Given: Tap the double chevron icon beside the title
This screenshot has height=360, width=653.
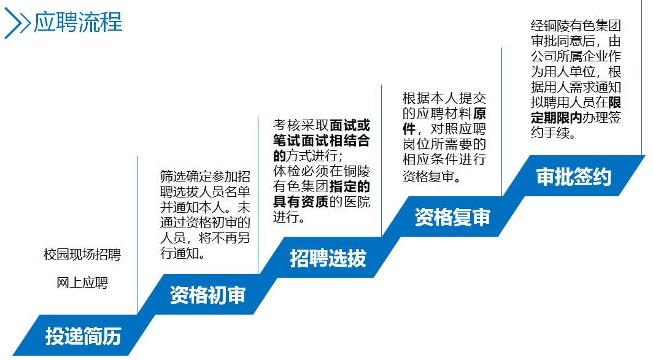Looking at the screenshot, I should pyautogui.click(x=17, y=24).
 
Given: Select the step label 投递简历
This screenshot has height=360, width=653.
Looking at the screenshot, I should pyautogui.click(x=83, y=336).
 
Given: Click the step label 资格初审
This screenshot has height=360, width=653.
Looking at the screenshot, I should pyautogui.click(x=207, y=296).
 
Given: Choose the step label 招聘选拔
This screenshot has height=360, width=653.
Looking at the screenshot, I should pyautogui.click(x=328, y=258).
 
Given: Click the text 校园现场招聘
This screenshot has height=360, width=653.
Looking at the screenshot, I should pyautogui.click(x=82, y=255).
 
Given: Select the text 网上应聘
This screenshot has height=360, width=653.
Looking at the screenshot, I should pyautogui.click(x=82, y=283).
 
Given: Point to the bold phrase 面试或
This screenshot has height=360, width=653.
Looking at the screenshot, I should pyautogui.click(x=350, y=125).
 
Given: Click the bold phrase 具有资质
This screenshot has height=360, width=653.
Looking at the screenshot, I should pyautogui.click(x=301, y=202).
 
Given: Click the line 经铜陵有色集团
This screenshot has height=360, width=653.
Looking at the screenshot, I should pyautogui.click(x=576, y=26).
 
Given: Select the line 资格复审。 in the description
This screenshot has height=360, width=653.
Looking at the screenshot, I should pyautogui.click(x=432, y=177).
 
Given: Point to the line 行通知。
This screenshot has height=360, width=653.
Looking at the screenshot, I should pyautogui.click(x=182, y=252).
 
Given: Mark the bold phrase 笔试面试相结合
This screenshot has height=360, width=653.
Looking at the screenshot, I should pyautogui.click(x=322, y=140).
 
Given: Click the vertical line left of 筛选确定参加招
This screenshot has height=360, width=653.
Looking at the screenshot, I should pyautogui.click(x=137, y=233).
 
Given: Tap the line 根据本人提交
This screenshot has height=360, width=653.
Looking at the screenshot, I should pyautogui.click(x=444, y=98).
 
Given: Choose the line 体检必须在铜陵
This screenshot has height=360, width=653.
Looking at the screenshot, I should pyautogui.click(x=322, y=171).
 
